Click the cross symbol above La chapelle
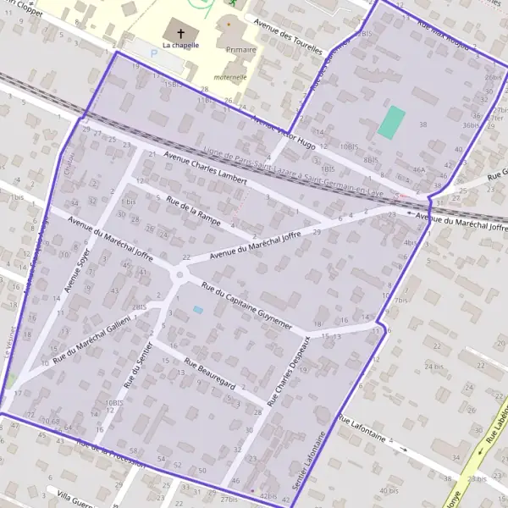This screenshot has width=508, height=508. point(180,32)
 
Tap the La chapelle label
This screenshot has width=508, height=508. point(180,45)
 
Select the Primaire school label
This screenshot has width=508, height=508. point(241,50)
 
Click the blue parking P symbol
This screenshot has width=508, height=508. point(153,52)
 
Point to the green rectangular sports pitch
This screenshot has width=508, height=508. point(391,122)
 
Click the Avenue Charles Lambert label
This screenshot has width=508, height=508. point(206,168)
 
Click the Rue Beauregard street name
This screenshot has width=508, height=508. point(208,375)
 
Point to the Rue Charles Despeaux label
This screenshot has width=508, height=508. point(288,371)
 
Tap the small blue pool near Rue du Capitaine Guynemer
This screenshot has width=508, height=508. point(198,310)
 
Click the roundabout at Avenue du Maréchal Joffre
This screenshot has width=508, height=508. point(179,274)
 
